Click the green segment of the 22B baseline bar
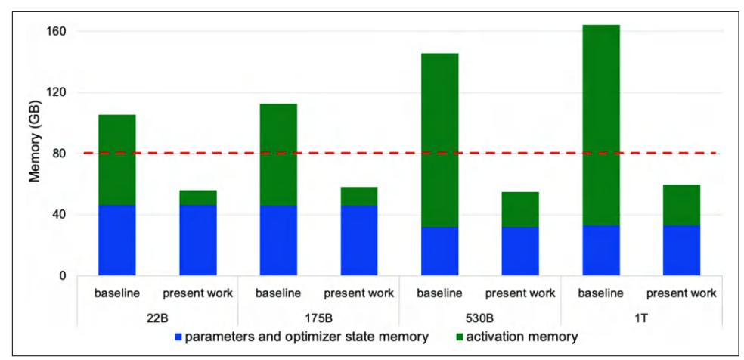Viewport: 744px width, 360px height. pyautogui.click(x=117, y=160)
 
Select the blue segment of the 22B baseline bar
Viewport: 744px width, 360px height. pyautogui.click(x=117, y=240)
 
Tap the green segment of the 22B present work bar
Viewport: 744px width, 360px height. pyautogui.click(x=197, y=197)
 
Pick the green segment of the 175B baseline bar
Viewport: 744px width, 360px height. pyautogui.click(x=278, y=154)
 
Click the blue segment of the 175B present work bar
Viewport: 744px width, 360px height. pyautogui.click(x=358, y=240)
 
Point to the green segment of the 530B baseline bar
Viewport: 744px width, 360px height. pyautogui.click(x=439, y=140)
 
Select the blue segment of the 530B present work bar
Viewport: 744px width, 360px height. pyautogui.click(x=520, y=250)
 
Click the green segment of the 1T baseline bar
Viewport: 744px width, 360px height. pyautogui.click(x=601, y=125)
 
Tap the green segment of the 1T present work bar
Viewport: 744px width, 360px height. pyautogui.click(x=681, y=205)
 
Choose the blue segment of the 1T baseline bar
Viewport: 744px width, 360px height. pyautogui.click(x=601, y=250)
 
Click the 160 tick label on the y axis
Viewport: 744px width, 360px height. pyautogui.click(x=57, y=32)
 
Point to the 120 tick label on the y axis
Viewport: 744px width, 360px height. pyautogui.click(x=57, y=92)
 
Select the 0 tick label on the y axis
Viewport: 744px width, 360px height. pyautogui.click(x=64, y=275)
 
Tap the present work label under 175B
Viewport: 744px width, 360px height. pyautogui.click(x=358, y=293)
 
